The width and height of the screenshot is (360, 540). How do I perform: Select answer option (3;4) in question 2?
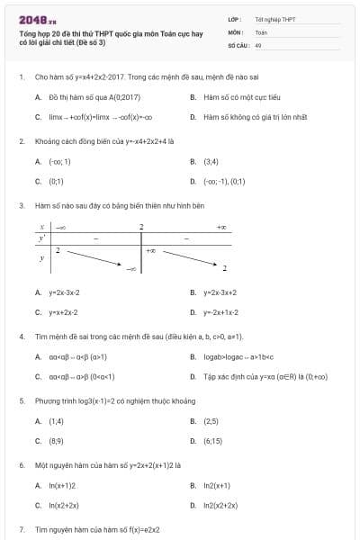pos(211,162)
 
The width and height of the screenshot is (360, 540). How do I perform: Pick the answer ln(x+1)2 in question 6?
pos(62,485)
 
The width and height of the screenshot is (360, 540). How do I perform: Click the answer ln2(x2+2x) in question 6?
pos(220,505)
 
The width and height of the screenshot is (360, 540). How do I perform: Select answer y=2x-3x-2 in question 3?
pos(64,292)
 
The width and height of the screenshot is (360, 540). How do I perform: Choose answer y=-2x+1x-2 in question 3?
pos(222,312)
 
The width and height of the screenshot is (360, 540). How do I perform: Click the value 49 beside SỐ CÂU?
pos(258,44)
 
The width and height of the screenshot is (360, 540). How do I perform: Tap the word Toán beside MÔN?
pos(261,31)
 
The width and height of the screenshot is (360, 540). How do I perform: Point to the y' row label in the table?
pos(41,238)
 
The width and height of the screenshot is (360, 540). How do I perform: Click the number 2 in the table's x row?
pos(141,227)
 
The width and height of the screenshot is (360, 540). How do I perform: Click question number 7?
pos(21,530)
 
